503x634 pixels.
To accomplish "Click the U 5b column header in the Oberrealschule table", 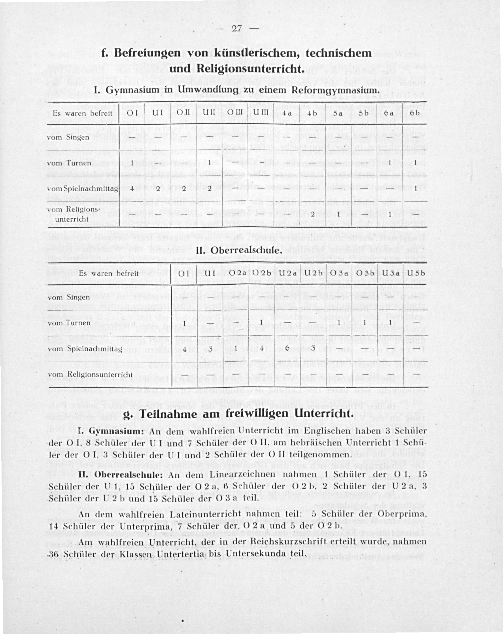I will point(416,273).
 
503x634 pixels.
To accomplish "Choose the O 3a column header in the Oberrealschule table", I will point(339,273).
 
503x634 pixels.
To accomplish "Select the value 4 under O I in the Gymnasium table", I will point(132,188).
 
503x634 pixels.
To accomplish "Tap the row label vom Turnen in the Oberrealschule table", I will point(69,323).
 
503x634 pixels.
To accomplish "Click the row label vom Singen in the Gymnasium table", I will point(68,137).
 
